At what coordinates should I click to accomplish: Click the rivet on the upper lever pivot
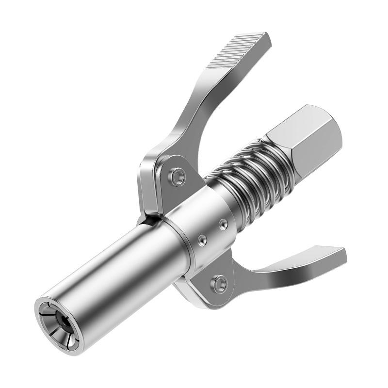click(x=178, y=175)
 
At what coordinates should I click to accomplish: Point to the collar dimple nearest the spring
click(x=223, y=224)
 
